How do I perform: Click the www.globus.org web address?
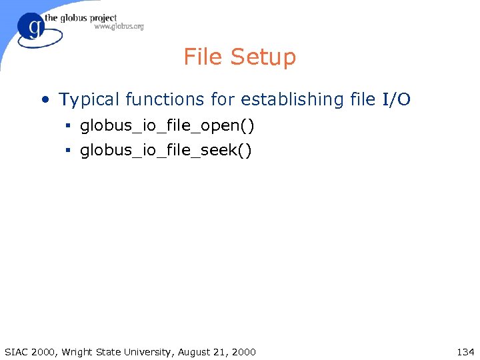pos(119,27)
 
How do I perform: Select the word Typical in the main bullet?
pos(87,100)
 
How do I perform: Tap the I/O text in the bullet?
pos(396,99)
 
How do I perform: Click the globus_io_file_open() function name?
pos(167,126)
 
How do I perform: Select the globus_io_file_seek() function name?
pos(166,151)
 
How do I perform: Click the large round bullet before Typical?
pos(45,100)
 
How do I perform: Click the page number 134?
pos(465,351)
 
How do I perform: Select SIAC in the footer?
pos(15,351)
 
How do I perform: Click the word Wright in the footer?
pos(77,351)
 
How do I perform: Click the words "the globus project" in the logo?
pos(81,18)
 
